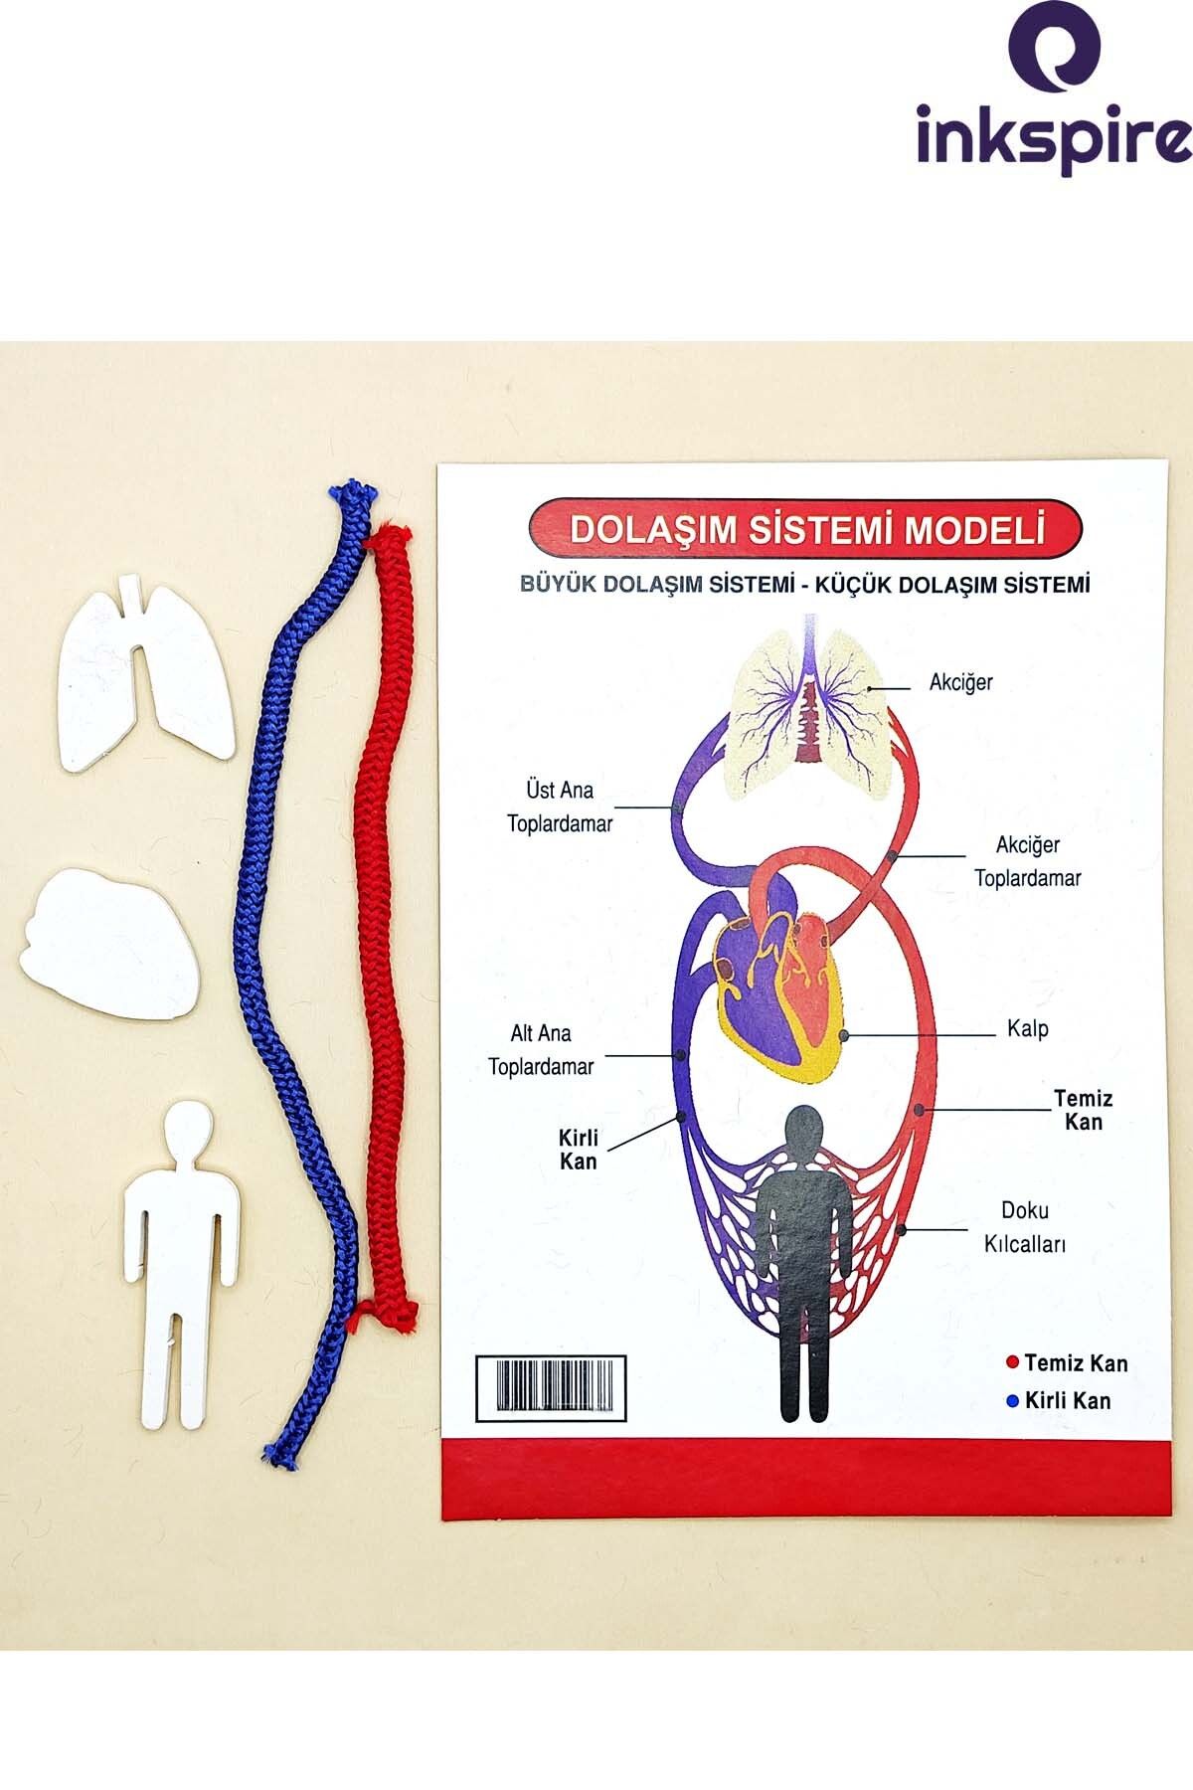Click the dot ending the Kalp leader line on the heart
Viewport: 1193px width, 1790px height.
[844, 1035]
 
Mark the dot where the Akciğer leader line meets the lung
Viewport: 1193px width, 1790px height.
[871, 686]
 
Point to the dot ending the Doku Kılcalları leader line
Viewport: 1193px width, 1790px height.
[902, 1230]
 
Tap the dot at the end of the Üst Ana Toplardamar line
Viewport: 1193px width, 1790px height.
[677, 807]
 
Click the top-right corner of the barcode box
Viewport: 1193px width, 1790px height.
[625, 1355]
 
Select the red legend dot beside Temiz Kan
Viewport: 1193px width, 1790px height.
[1013, 1362]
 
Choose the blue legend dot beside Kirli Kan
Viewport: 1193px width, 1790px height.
[1013, 1401]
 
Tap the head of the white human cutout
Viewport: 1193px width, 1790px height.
[187, 1128]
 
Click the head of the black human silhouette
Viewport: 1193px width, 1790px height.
[804, 1133]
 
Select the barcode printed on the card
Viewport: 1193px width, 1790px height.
[551, 1387]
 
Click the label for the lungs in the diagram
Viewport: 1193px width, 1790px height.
[960, 683]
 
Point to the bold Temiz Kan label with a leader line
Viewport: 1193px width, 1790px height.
[1083, 1110]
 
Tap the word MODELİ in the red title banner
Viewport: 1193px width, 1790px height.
[973, 529]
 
